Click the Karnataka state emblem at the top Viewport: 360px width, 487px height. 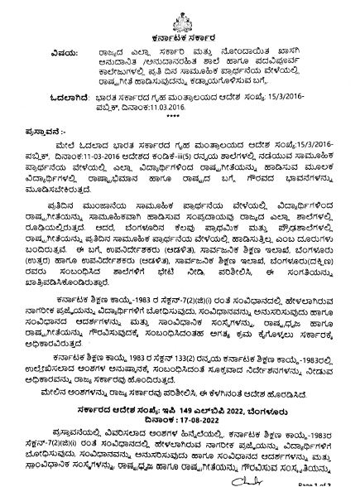click(180, 12)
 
